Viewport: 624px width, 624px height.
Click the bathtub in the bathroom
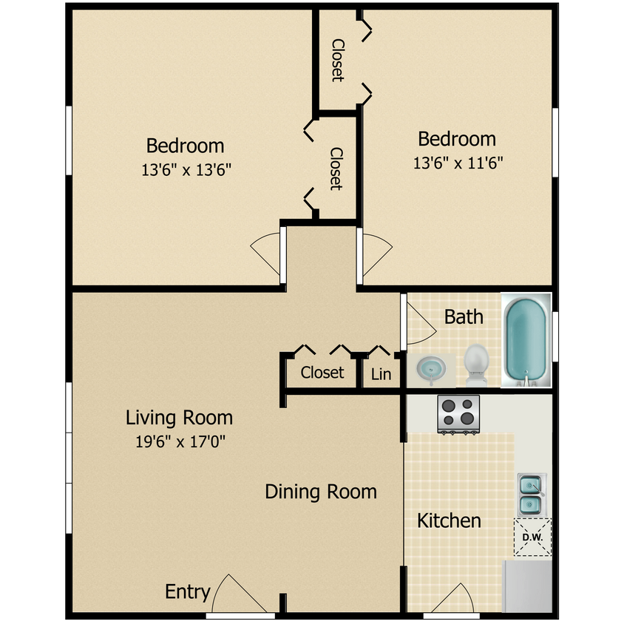[526, 340]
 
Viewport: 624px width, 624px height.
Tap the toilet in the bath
[476, 364]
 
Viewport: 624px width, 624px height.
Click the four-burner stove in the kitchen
[459, 414]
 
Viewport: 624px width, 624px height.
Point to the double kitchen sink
[531, 495]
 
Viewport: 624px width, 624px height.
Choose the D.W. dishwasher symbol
[532, 537]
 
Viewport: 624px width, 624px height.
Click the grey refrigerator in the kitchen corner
[528, 586]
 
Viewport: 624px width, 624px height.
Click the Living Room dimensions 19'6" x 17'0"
[179, 442]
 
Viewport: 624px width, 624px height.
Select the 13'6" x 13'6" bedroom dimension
[186, 170]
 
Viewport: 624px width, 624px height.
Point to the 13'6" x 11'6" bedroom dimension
[458, 163]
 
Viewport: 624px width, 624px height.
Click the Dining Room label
[321, 492]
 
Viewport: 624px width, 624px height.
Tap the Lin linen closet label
[381, 374]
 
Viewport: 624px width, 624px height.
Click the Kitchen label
[449, 520]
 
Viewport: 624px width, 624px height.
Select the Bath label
[464, 317]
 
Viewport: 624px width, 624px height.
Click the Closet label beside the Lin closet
[322, 373]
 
